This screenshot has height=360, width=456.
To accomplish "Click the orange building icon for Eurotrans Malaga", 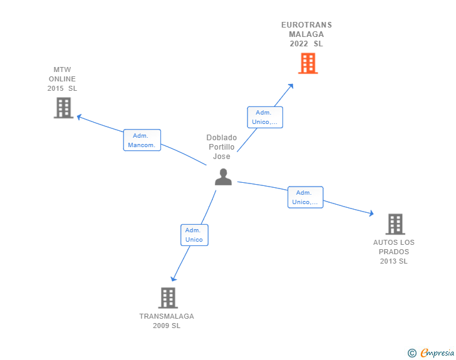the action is coord(308,63).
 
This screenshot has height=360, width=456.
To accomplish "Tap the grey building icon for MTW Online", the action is coord(63,108).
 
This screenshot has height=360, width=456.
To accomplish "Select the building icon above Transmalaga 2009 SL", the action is coord(168,298).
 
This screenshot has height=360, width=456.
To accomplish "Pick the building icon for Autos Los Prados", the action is coord(395,224).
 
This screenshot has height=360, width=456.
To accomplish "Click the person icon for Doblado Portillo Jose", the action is coord(224,177).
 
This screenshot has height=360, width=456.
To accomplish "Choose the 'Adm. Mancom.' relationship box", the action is coord(142,140).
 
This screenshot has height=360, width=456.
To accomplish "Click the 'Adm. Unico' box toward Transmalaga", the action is coord(194,235).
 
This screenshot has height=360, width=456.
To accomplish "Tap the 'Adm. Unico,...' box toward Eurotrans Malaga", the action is coord(265,117).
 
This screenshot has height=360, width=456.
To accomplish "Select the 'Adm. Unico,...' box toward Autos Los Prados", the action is coord(306,197).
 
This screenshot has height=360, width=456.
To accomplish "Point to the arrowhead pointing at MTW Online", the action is coord(79,117).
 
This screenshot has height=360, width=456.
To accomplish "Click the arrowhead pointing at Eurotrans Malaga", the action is coord(291,86).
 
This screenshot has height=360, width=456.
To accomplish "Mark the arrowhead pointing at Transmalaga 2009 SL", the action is coord(174,279).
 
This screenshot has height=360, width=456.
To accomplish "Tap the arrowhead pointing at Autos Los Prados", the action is coord(371,213).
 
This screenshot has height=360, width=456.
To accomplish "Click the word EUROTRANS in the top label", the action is coord(306,25).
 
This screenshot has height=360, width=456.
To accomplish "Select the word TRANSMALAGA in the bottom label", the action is coord(167,316).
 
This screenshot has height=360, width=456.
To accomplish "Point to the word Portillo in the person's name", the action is coord(222,147).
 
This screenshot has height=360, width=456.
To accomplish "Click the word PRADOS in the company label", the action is coord(394,252).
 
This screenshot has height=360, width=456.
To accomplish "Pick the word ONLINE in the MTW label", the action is coord(62,79).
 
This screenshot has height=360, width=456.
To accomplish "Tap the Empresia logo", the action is coord(431,352).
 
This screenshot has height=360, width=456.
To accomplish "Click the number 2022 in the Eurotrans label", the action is coord(299,44).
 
